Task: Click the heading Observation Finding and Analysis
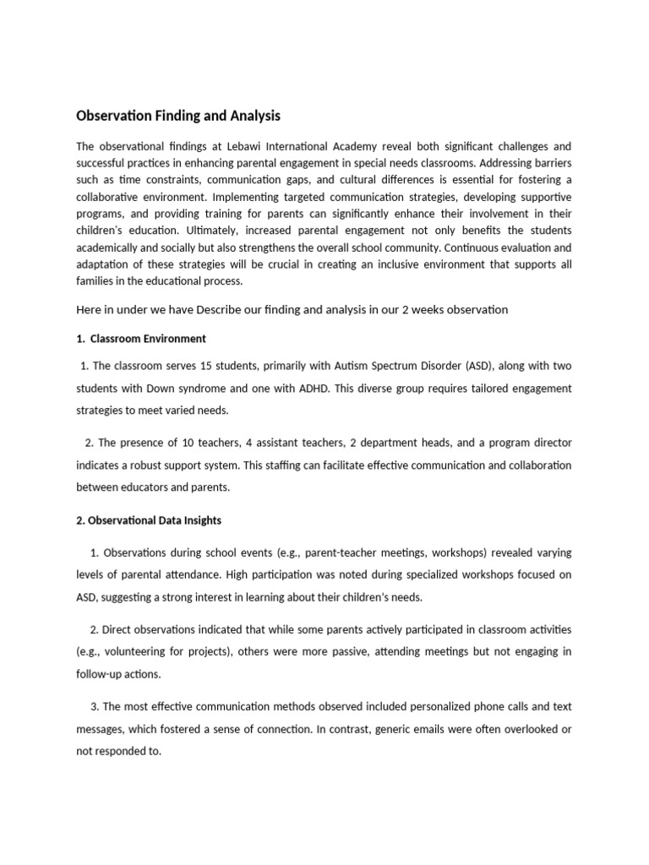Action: point(178,115)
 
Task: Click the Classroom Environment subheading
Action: point(148,339)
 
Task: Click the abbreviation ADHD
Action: point(382,388)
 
